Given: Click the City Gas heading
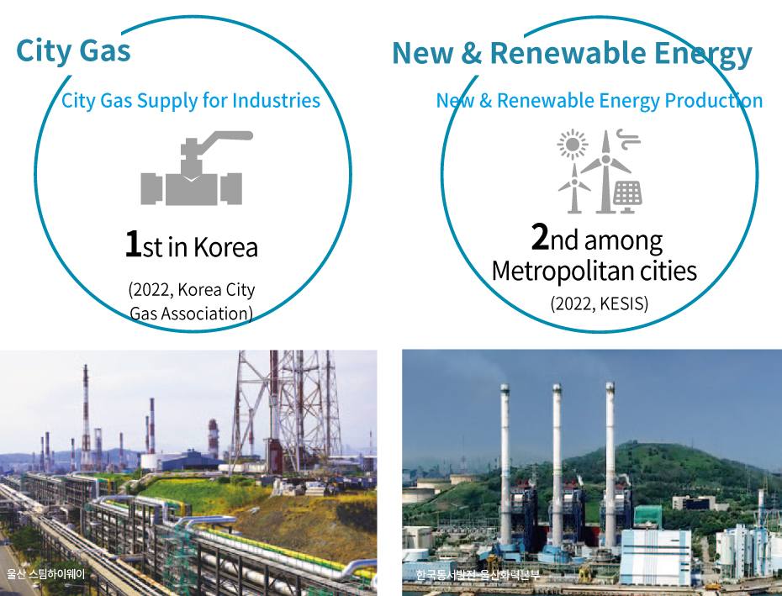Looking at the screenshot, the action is tap(73, 51).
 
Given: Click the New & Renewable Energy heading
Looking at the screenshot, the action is tap(572, 53).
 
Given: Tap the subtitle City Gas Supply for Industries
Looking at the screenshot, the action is tap(191, 101).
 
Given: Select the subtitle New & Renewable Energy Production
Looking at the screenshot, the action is tap(600, 101).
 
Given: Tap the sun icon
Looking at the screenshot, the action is tap(572, 144).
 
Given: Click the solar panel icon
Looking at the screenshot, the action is tap(627, 196).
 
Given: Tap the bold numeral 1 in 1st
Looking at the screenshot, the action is tap(133, 244).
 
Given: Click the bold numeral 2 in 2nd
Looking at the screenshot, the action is tap(540, 236).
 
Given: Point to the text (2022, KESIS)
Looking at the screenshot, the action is tap(600, 303).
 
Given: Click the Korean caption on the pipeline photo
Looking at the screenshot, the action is tap(46, 573).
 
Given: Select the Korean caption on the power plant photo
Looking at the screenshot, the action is tap(478, 575).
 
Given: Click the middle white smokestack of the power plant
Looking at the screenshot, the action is tap(557, 464).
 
